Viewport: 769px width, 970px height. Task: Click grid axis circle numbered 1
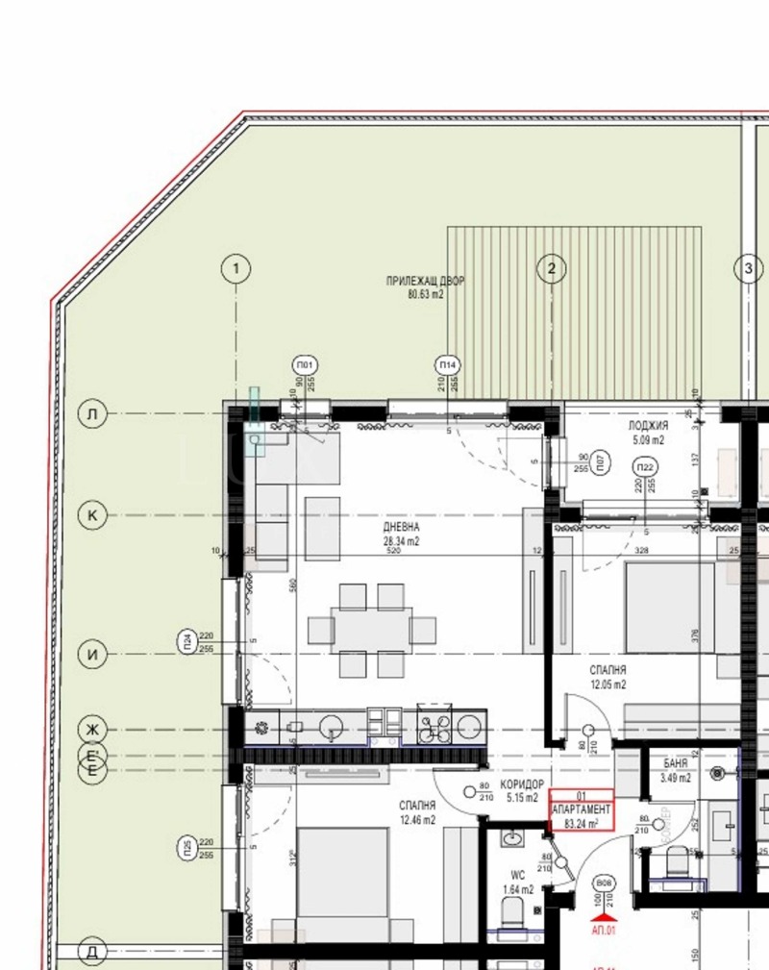click(x=236, y=269)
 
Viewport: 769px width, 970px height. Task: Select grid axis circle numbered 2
click(x=551, y=269)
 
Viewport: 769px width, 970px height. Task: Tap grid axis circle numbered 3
click(x=749, y=269)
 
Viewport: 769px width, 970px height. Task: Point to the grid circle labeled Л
click(x=92, y=414)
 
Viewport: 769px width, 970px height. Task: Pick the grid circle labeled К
click(x=92, y=515)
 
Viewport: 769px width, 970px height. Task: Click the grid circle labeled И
click(x=92, y=656)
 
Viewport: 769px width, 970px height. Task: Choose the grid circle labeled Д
click(x=92, y=952)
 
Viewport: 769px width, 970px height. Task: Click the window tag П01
click(x=306, y=366)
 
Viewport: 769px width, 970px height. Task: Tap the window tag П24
click(x=186, y=641)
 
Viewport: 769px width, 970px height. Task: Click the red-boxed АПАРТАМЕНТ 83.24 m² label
click(x=581, y=810)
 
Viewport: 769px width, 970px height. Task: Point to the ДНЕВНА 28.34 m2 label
click(x=401, y=535)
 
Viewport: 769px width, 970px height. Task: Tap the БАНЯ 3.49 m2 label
click(x=676, y=770)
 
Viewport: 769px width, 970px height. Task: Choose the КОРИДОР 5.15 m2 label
click(x=523, y=791)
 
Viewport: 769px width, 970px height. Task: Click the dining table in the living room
click(x=372, y=630)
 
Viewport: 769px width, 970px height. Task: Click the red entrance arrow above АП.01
click(x=605, y=917)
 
